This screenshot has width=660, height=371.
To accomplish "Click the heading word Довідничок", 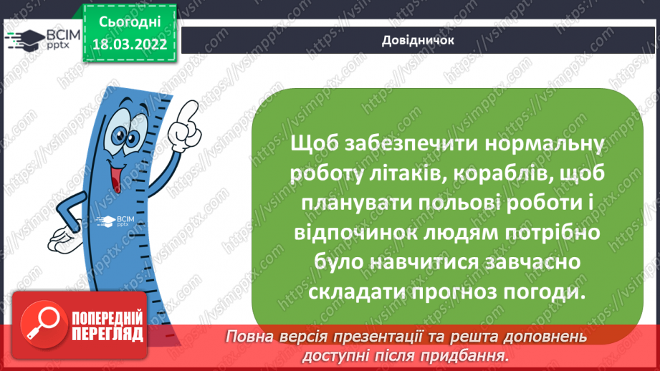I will [x=419, y=40].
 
